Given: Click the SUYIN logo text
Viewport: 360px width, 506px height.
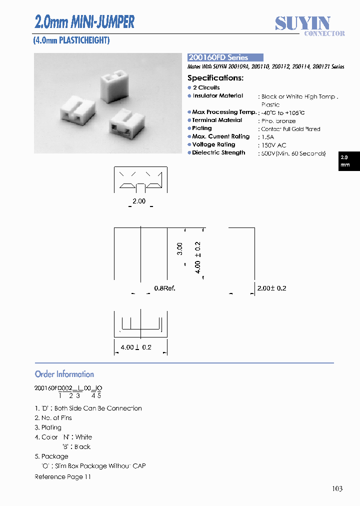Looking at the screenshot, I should [x=302, y=23].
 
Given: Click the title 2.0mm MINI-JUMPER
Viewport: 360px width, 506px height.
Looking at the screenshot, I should [x=84, y=22].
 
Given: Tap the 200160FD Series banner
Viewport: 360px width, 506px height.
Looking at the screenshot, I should [x=225, y=57].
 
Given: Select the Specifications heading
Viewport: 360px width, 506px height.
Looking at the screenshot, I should [x=215, y=78].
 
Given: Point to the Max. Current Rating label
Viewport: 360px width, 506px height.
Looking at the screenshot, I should [x=220, y=136].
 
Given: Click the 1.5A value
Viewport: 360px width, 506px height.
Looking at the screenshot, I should [x=268, y=137].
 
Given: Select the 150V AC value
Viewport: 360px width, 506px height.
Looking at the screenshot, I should [x=273, y=145].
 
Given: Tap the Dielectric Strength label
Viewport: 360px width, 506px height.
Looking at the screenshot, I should [x=218, y=152].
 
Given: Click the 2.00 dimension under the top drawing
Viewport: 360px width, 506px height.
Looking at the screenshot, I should [x=139, y=201].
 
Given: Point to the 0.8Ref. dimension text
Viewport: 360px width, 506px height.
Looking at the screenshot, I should [x=164, y=288].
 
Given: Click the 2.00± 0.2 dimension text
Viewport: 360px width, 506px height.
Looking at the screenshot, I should [x=271, y=288].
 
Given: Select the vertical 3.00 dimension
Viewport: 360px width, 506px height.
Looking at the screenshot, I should [x=179, y=249].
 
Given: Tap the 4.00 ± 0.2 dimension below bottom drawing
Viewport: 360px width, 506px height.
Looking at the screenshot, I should [x=136, y=347].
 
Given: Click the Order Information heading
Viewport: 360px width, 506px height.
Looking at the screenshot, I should [x=64, y=374].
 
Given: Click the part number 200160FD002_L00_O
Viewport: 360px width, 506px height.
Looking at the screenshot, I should [x=68, y=388].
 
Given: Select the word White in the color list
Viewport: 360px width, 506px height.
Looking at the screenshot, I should [x=83, y=437].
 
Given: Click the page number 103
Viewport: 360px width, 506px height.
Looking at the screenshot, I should [x=337, y=488].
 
